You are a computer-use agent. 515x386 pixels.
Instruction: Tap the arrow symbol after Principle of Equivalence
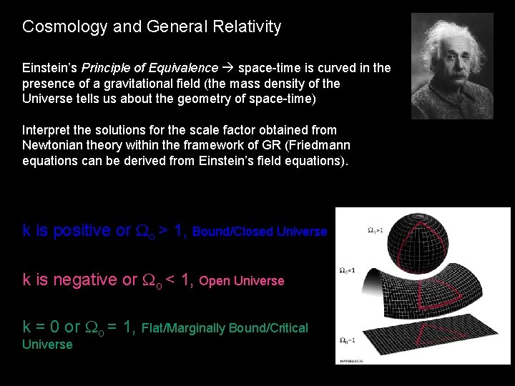(x=228, y=68)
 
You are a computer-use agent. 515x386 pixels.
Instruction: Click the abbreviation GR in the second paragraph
(x=247, y=145)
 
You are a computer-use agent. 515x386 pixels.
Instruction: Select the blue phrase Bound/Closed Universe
(x=260, y=232)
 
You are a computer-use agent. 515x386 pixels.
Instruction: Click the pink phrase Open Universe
(x=242, y=281)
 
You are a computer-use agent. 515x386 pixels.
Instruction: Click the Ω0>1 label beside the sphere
(x=376, y=230)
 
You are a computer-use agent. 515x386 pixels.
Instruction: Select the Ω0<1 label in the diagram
(x=348, y=270)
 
